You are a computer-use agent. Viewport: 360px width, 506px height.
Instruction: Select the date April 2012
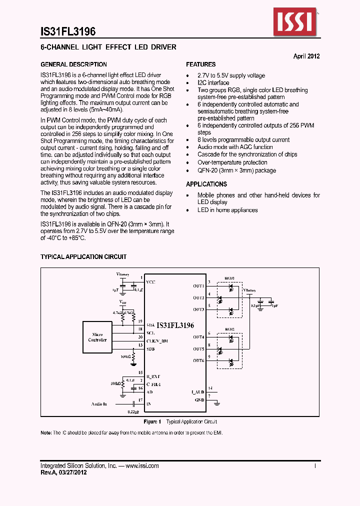(x=306, y=56)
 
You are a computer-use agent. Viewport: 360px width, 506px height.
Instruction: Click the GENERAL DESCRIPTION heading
(x=73, y=64)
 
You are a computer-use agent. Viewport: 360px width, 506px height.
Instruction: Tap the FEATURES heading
(x=201, y=64)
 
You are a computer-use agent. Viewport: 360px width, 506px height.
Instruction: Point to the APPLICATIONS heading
(x=206, y=184)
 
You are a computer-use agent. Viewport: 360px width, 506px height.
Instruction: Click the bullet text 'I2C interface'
(x=213, y=83)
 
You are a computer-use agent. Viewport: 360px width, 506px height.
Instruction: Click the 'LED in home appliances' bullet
(x=227, y=210)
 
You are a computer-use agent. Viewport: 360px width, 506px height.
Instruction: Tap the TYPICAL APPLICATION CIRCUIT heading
(x=83, y=257)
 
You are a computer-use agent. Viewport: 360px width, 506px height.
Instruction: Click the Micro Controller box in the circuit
(x=97, y=337)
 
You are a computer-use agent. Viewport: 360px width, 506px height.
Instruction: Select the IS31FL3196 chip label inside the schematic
(x=175, y=325)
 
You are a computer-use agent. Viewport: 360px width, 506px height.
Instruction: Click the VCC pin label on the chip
(x=150, y=282)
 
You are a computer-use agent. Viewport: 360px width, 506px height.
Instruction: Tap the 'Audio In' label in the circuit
(x=99, y=403)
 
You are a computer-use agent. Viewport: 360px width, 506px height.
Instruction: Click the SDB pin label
(x=150, y=348)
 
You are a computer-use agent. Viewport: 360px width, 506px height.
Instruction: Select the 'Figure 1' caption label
(x=152, y=422)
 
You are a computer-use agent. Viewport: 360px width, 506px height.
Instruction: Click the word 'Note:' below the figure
(x=46, y=432)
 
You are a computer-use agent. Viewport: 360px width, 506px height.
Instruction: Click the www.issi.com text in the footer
(x=142, y=466)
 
